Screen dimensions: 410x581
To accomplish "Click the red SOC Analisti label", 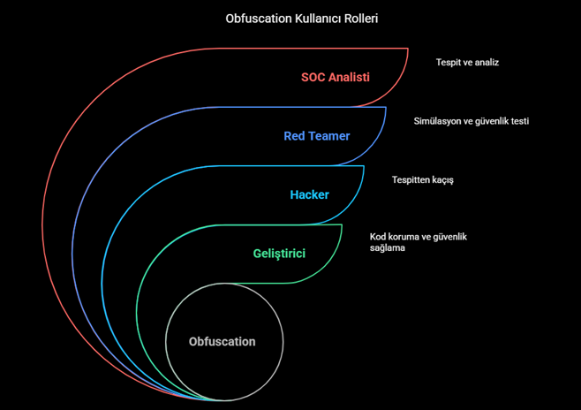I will [335, 77].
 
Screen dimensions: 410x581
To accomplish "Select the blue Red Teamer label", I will [316, 136].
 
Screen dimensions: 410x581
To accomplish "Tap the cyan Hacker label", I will [309, 194].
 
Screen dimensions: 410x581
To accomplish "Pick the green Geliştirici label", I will [279, 254].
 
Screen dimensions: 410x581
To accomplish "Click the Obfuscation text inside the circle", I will [222, 342].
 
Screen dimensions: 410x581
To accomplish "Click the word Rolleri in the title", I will [361, 18].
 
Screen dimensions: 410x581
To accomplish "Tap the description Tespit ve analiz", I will [467, 63].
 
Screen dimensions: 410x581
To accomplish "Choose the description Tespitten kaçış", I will [422, 180].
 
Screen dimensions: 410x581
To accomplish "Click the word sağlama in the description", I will [387, 249].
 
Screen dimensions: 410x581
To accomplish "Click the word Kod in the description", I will [378, 238].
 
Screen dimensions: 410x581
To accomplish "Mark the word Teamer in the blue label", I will [328, 136].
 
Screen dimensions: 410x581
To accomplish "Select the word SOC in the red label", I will [313, 77].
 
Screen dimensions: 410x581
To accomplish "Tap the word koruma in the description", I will [405, 238].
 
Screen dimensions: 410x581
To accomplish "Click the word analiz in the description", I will [486, 63].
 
